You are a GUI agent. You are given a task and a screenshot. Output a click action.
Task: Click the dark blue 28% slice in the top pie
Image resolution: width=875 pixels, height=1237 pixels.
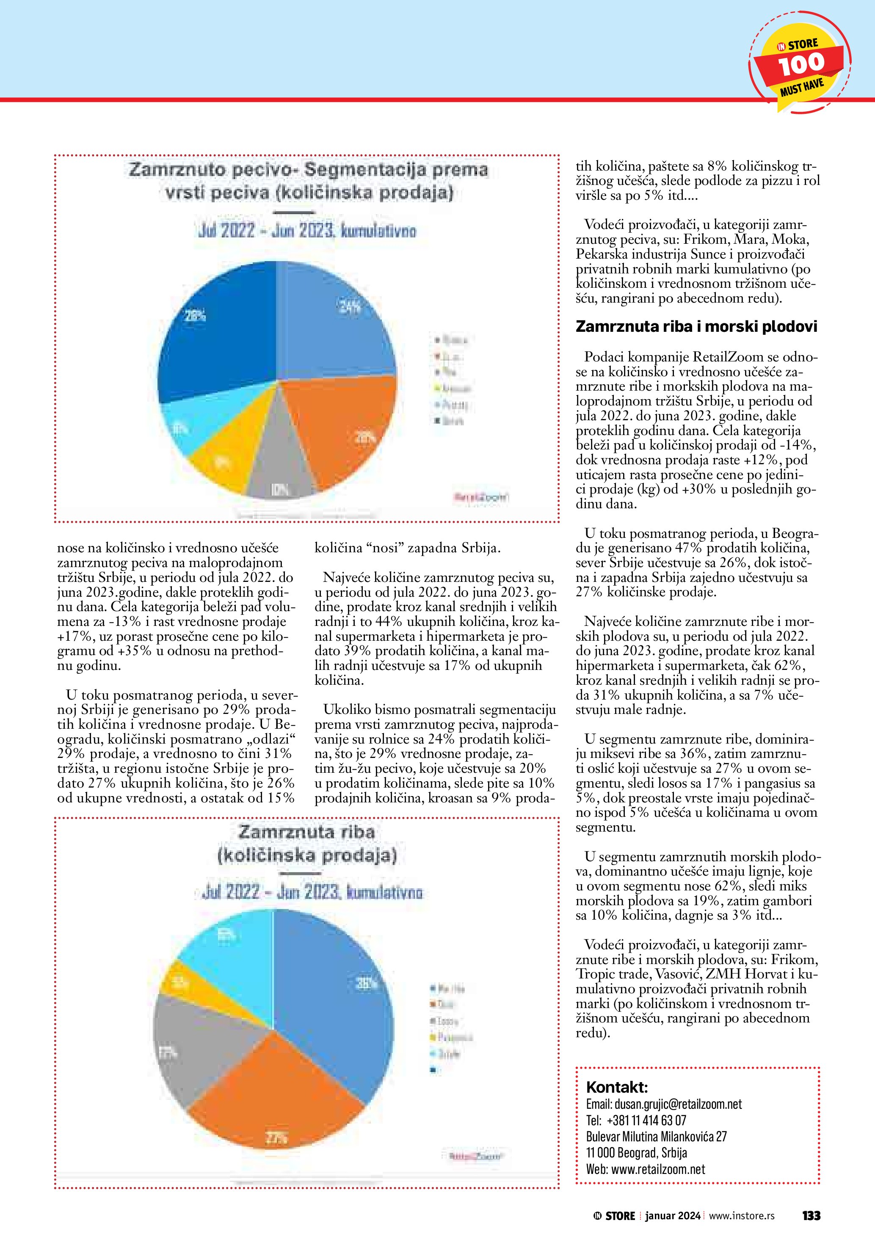215,334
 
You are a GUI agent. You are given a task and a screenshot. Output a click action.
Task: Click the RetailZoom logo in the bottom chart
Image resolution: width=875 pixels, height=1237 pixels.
475,1156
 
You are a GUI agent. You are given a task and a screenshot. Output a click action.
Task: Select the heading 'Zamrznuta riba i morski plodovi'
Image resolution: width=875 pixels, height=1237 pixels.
696,326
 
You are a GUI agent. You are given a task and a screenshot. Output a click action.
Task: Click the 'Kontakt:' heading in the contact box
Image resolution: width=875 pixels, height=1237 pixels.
616,1086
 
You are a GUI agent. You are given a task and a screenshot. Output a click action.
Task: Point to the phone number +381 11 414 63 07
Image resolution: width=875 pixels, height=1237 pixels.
646,1121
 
